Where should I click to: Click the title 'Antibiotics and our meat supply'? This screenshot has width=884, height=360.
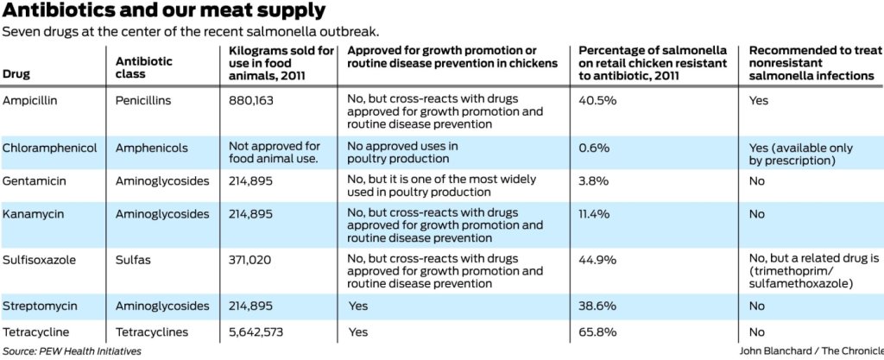(x=164, y=11)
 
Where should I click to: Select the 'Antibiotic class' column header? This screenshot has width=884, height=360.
(x=144, y=68)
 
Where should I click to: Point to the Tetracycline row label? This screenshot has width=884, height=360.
(x=35, y=332)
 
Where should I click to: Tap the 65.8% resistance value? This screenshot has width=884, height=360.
(x=597, y=332)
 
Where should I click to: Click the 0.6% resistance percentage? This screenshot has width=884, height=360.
(x=594, y=148)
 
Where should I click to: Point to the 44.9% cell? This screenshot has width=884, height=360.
(x=597, y=259)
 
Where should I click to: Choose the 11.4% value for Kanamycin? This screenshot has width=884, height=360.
(x=595, y=213)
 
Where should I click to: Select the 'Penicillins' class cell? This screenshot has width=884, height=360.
(x=143, y=100)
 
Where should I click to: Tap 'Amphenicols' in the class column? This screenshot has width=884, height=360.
(x=151, y=148)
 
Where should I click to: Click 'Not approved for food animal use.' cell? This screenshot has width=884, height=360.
(x=275, y=153)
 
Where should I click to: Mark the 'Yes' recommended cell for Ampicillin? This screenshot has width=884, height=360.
(x=759, y=100)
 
